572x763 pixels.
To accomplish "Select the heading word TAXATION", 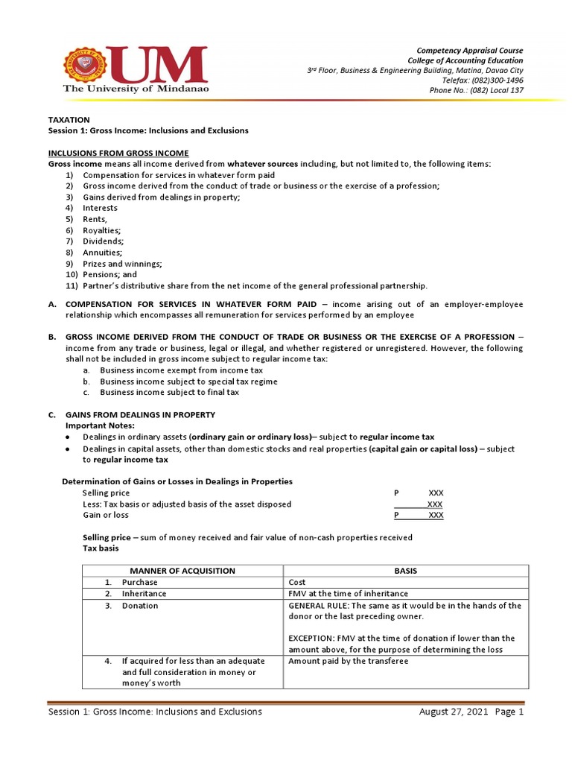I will (x=69, y=119).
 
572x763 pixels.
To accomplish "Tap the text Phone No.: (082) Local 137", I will (x=477, y=90).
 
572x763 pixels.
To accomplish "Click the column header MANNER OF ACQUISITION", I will (x=182, y=571).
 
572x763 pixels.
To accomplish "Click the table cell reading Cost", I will (x=297, y=582).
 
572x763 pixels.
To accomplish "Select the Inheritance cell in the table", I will (x=144, y=594).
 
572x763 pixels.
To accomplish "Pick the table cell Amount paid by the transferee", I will (x=348, y=661).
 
